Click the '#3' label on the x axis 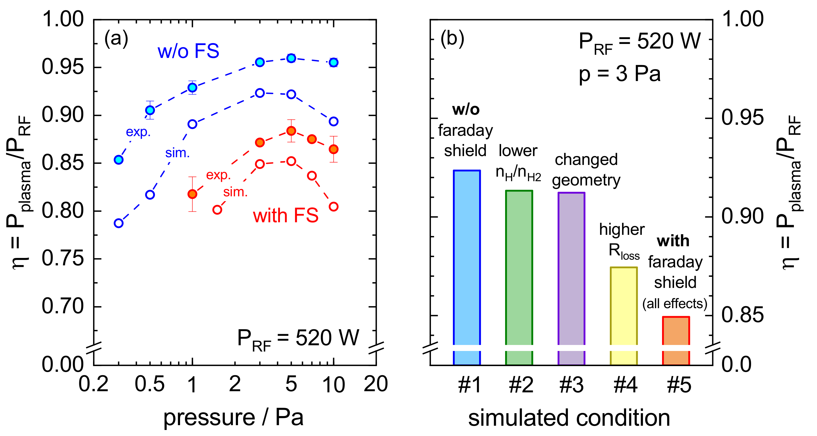pyautogui.click(x=571, y=385)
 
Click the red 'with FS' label pyautogui.click(x=285, y=216)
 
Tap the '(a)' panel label pyautogui.click(x=116, y=39)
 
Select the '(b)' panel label pyautogui.click(x=452, y=39)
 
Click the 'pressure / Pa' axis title pyautogui.click(x=233, y=418)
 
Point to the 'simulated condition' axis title pyautogui.click(x=569, y=418)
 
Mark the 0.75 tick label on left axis pyautogui.click(x=62, y=259)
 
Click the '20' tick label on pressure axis pyautogui.click(x=376, y=384)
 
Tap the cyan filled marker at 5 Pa pyautogui.click(x=291, y=58)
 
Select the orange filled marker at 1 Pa pyautogui.click(x=192, y=194)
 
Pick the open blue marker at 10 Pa pyautogui.click(x=333, y=122)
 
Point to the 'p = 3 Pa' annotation pyautogui.click(x=620, y=74)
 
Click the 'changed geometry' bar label pyautogui.click(x=586, y=170)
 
